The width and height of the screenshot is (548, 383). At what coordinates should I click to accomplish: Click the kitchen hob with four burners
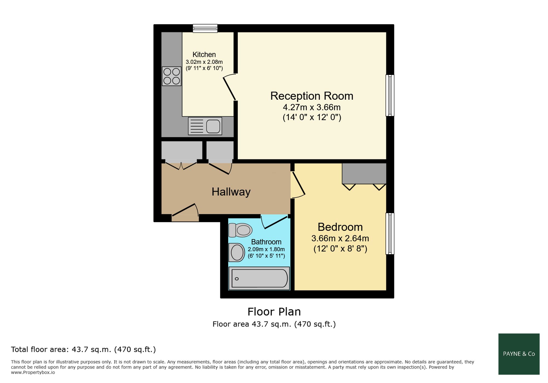pos(172,76)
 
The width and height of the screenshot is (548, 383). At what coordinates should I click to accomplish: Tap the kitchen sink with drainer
pos(205,126)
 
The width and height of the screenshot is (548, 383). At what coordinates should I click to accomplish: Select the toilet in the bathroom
pos(240,230)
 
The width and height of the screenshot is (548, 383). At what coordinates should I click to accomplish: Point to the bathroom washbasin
pos(236,252)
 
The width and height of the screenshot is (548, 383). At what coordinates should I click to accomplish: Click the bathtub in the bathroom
pos(259,278)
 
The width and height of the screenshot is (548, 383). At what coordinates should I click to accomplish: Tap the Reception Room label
pos(312,96)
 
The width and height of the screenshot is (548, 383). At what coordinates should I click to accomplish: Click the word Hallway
pos(231,192)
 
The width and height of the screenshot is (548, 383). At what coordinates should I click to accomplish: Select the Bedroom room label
pos(340,227)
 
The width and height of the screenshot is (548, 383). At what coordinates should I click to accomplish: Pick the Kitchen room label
pos(204,54)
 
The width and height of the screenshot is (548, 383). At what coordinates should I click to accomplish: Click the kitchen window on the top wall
pos(205,28)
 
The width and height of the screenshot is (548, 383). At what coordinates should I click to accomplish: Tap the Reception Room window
pos(390,95)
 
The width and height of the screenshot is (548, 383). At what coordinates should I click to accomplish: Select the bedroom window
pos(390,234)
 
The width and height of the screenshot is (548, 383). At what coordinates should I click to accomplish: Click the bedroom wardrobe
pos(364,174)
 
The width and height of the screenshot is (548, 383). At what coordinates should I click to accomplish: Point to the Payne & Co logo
pos(519,354)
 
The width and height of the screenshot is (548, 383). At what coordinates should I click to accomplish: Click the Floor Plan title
pos(274,312)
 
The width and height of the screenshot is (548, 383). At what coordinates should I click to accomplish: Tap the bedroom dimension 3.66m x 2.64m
pos(340,238)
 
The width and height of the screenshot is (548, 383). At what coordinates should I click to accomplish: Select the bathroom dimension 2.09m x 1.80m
pos(266,249)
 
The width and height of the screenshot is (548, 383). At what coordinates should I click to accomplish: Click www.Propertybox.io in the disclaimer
pos(33,373)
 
